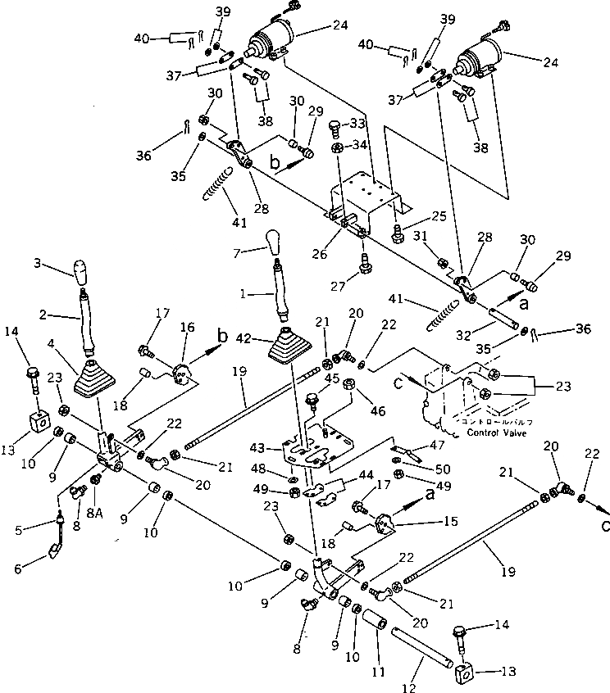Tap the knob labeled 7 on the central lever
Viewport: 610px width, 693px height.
(273, 242)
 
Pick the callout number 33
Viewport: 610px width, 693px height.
(357, 125)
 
